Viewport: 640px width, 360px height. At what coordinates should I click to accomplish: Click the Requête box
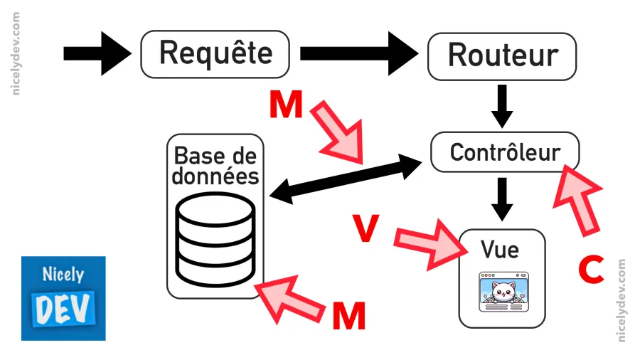coord(215,53)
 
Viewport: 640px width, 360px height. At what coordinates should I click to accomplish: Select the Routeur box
coord(502,55)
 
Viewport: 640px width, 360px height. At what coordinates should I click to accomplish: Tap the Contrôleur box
coord(505,152)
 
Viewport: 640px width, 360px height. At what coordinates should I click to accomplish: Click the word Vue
coord(500,250)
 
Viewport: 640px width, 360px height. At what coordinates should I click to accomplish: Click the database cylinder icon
coord(215,239)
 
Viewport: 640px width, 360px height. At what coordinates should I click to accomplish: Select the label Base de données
coord(215,165)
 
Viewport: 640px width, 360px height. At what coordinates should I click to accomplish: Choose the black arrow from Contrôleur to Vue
coord(503,198)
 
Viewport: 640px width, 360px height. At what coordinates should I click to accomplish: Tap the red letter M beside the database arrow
coord(348,315)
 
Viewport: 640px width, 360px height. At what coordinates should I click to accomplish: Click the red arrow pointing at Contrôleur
coord(580,197)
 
